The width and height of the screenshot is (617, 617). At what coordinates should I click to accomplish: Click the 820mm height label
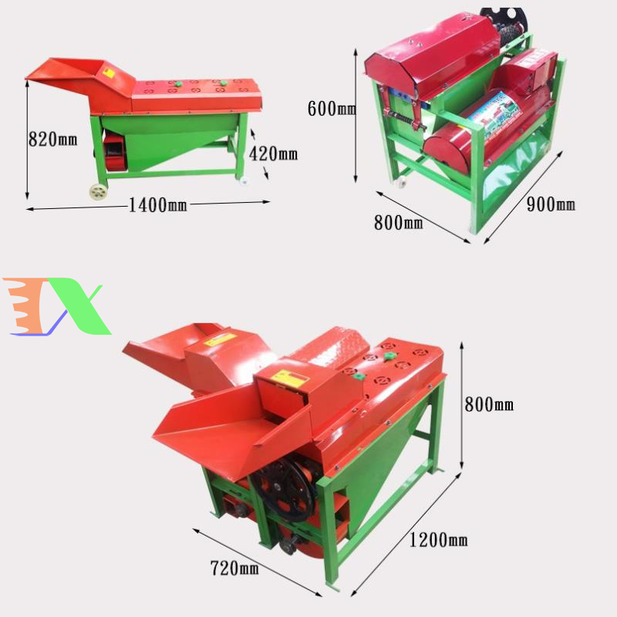point(52,140)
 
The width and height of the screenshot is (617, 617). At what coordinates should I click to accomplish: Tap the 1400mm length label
point(158,204)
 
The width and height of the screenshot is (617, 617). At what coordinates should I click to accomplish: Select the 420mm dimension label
point(273,153)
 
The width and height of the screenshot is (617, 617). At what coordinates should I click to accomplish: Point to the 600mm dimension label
point(332,109)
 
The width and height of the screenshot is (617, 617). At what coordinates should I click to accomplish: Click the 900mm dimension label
point(551,204)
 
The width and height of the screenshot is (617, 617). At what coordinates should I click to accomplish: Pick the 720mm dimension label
point(234,568)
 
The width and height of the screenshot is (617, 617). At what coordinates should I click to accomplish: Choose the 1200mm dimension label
point(438,539)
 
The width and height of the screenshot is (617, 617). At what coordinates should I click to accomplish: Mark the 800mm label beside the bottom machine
point(489,404)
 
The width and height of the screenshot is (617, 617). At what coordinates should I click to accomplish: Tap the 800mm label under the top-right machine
point(398,222)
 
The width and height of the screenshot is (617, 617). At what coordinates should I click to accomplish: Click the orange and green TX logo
point(56,306)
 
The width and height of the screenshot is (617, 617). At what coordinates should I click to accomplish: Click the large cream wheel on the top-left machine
point(99,192)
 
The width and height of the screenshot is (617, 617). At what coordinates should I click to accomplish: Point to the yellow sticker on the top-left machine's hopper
point(109,73)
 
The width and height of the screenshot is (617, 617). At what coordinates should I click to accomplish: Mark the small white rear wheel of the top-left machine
point(244,180)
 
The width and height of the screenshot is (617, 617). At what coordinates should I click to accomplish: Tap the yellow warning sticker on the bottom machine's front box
point(291,378)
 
